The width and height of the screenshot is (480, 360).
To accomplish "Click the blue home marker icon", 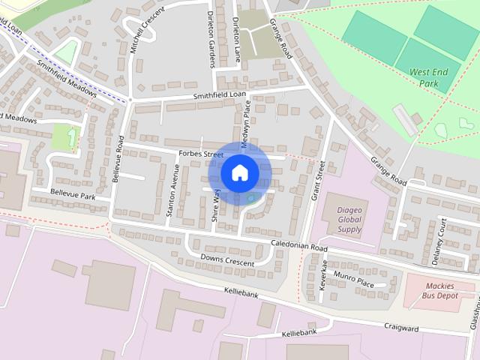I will [239, 172].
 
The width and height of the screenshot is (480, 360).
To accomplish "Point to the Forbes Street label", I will [202, 154].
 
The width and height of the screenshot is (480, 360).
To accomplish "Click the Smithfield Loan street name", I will [219, 95].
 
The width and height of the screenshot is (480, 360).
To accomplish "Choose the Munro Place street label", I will [354, 281].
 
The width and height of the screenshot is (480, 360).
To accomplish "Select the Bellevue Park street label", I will [73, 194].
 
